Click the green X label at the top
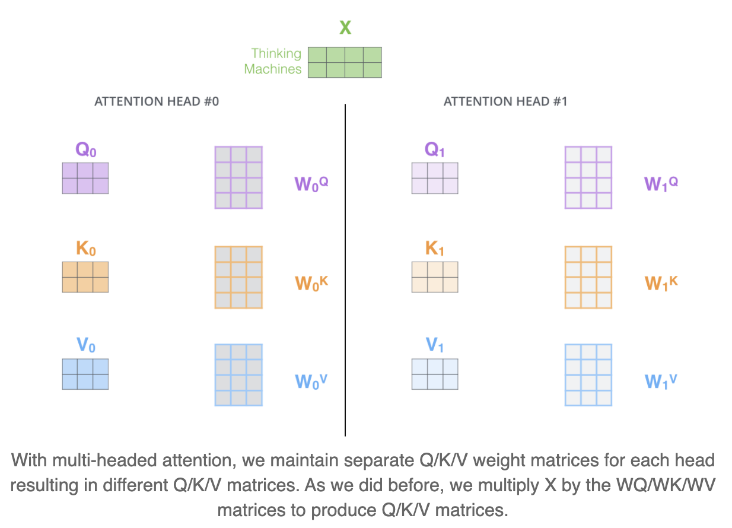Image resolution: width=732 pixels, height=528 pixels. pos(345,28)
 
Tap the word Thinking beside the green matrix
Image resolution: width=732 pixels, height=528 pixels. pos(276,54)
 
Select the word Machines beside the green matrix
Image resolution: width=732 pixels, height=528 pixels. pos(273,69)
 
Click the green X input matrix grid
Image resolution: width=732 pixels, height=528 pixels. pos(345,62)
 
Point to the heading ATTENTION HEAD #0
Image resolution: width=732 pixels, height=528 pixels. pos(157,101)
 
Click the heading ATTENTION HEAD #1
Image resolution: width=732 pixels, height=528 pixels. pos(505,101)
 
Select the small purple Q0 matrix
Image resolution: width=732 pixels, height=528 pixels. pos(85,178)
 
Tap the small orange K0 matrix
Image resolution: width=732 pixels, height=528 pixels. pos(85,277)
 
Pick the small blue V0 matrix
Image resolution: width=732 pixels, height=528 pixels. pos(85,374)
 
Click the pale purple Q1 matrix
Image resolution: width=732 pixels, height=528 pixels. pos(435,178)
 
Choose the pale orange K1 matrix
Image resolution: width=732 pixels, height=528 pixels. pos(435,277)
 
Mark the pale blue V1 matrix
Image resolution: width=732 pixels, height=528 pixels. pos(435,374)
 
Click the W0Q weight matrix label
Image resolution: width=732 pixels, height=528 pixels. pos(311,184)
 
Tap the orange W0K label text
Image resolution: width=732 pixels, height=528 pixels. pos(311,282)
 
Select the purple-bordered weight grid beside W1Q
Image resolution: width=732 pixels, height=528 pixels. pos(588,177)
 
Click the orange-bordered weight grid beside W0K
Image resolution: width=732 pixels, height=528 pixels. pos(238,277)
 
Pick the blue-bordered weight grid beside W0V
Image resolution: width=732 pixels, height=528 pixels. pos(238,375)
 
